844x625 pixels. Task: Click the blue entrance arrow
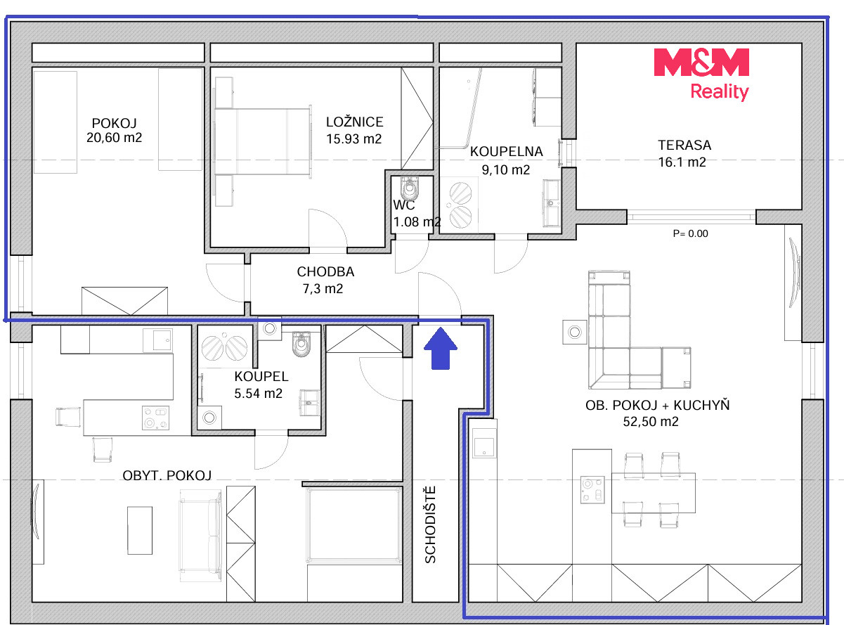441,348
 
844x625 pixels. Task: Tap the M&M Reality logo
701,75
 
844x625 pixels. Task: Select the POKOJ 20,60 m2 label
114,130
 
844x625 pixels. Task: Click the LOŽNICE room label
355,122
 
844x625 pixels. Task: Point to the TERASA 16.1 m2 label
684,153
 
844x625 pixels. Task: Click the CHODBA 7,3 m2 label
325,280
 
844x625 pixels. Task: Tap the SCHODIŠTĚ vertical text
430,525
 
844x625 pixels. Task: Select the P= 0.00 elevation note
690,233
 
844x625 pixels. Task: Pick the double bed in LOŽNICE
263,141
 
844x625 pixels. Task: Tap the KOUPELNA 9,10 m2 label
506,160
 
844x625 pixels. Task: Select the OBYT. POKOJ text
167,475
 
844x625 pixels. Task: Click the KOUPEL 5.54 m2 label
261,385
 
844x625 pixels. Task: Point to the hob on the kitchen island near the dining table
592,490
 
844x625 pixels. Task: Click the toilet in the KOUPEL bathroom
301,344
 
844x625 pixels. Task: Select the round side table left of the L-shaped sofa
575,332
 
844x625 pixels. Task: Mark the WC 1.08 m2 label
417,213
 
